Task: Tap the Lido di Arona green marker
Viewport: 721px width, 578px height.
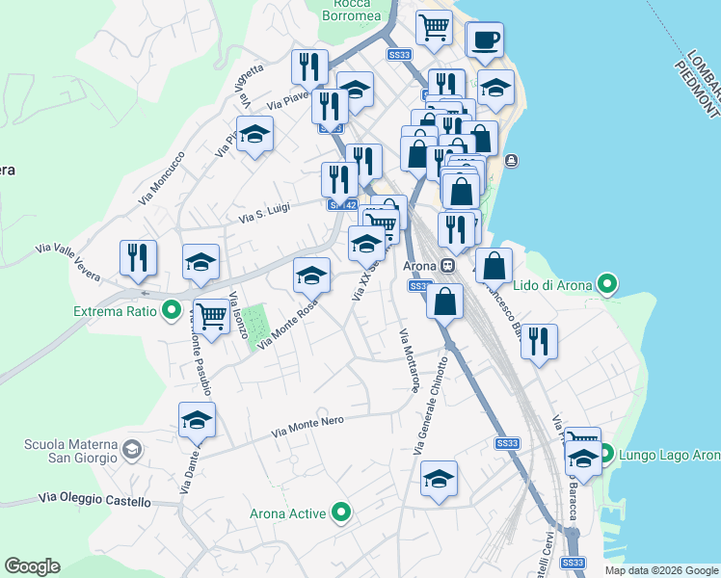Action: point(606,284)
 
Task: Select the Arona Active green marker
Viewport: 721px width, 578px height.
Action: point(340,512)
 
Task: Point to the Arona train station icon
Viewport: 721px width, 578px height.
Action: point(448,266)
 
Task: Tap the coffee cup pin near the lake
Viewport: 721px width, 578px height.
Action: point(485,40)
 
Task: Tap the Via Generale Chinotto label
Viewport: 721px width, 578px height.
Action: point(431,406)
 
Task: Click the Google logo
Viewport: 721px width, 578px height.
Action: point(32,566)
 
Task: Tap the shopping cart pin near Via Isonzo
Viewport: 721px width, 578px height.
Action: point(210,315)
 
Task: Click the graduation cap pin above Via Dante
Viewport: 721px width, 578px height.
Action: point(197,420)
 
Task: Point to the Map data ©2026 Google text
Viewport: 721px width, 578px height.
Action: point(661,570)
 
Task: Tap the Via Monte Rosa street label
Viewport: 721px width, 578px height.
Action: point(285,324)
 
